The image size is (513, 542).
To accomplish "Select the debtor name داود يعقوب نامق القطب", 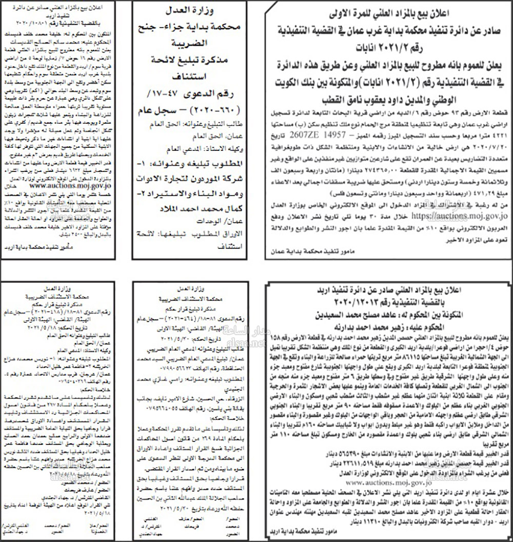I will pyautogui.click(x=333, y=96).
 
